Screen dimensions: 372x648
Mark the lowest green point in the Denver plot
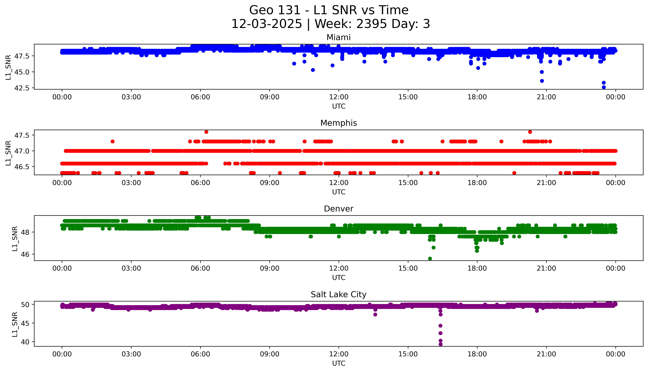[x=430, y=259]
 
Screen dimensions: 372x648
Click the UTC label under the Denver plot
[x=339, y=277]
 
